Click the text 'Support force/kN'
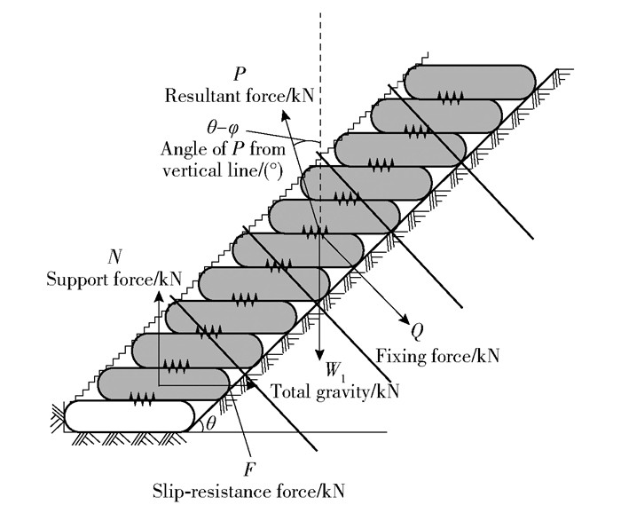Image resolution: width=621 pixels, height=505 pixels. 114,278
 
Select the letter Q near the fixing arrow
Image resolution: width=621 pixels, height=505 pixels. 416,330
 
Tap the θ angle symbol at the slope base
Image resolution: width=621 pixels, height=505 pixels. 210,423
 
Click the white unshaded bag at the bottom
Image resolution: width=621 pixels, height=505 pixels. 129,416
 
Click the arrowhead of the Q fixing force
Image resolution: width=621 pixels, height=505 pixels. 403,319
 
